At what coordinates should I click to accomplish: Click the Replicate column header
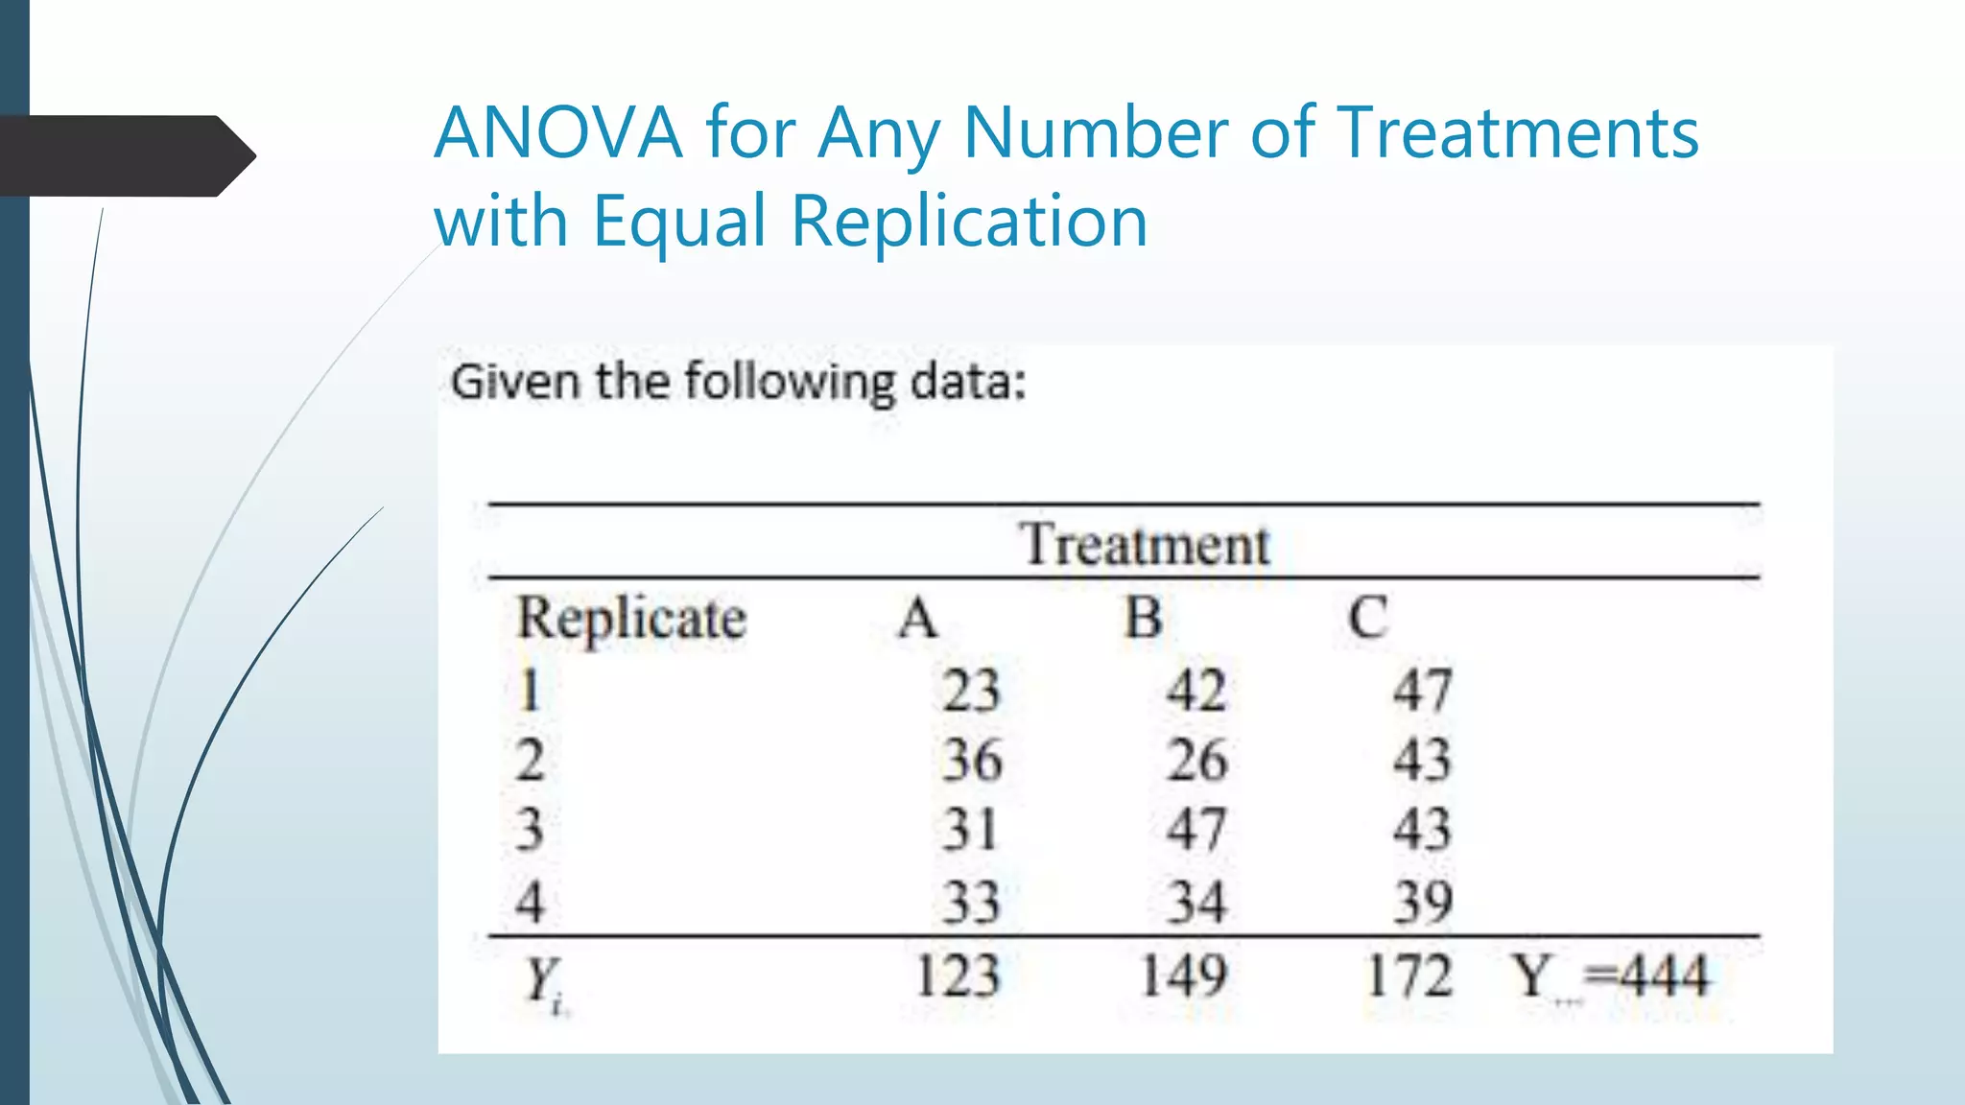631,618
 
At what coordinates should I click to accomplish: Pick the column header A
917,618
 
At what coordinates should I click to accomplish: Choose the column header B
1144,618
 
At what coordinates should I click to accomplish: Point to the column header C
1367,618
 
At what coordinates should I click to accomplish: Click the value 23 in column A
970,690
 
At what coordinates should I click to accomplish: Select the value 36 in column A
970,761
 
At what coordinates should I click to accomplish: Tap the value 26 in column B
1196,761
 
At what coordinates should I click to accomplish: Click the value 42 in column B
1196,690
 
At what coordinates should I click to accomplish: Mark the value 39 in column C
1423,903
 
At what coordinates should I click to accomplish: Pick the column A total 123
958,976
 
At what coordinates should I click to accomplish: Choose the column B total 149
1184,976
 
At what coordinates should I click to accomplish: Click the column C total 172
1409,976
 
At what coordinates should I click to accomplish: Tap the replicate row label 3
530,830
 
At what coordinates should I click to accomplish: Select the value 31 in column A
970,830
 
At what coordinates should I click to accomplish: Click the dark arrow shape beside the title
125,156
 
